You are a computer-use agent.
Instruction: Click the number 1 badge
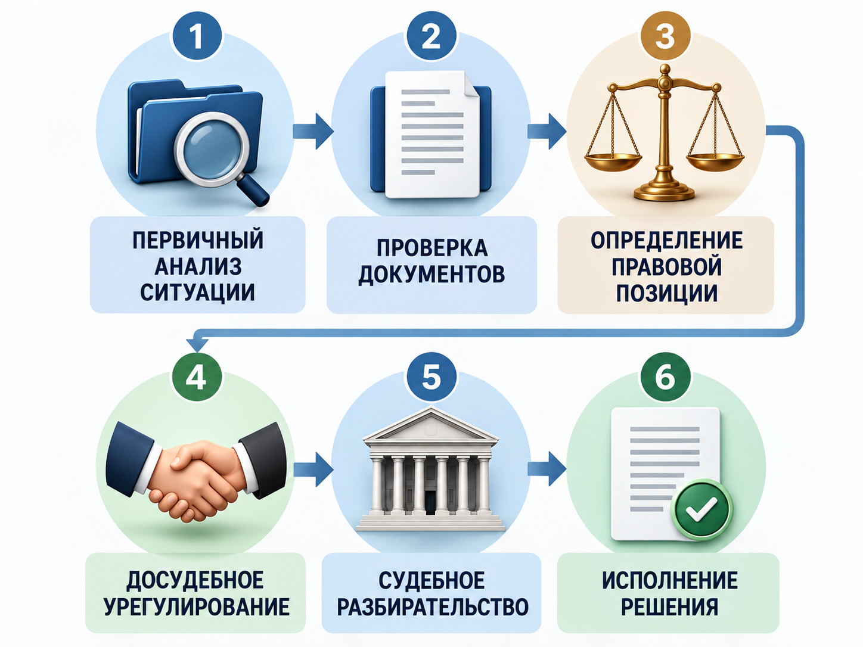[x=197, y=36]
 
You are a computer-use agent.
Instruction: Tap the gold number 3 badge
[x=666, y=36]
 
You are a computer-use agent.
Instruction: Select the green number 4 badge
[x=197, y=377]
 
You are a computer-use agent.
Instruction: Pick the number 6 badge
[x=666, y=377]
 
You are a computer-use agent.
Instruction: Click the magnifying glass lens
[x=212, y=150]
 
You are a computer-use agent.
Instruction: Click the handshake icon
[x=196, y=471]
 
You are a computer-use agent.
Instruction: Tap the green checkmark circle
[x=702, y=509]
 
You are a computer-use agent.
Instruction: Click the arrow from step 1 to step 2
[x=313, y=131]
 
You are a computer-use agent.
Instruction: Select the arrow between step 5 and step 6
[x=547, y=469]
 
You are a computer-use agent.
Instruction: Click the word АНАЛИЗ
[x=198, y=267]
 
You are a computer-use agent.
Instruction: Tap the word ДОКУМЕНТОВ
[x=431, y=274]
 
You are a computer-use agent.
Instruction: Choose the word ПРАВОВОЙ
[x=667, y=267]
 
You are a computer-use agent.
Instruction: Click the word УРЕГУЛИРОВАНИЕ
[x=197, y=606]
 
